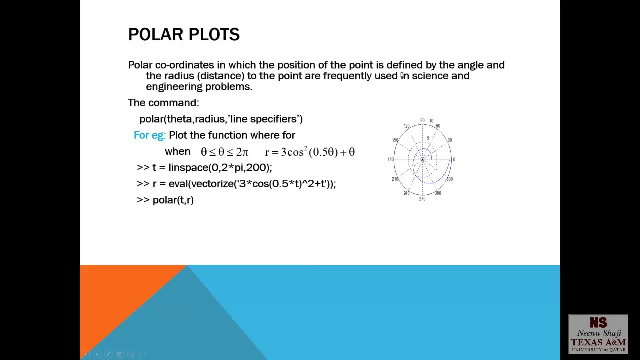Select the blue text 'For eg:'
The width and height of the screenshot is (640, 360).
point(149,135)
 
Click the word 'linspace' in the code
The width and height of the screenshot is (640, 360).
point(187,168)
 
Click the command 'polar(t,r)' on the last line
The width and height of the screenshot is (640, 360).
point(173,200)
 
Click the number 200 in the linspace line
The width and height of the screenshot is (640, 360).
point(255,168)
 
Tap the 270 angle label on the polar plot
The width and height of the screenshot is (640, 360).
point(422,199)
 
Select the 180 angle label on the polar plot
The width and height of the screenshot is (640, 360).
point(390,159)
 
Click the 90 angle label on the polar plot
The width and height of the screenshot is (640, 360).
point(422,121)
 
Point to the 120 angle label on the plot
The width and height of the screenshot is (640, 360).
point(406,126)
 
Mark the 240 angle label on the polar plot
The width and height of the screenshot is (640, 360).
point(406,193)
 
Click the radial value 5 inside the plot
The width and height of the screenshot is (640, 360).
point(428,138)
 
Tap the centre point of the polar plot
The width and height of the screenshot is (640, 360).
point(422,160)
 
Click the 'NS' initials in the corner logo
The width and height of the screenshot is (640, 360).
point(598,323)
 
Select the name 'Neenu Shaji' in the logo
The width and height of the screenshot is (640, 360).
point(599,333)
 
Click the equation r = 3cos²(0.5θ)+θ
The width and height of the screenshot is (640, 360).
point(310,152)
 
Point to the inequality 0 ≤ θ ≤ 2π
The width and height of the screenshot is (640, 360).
point(224,152)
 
